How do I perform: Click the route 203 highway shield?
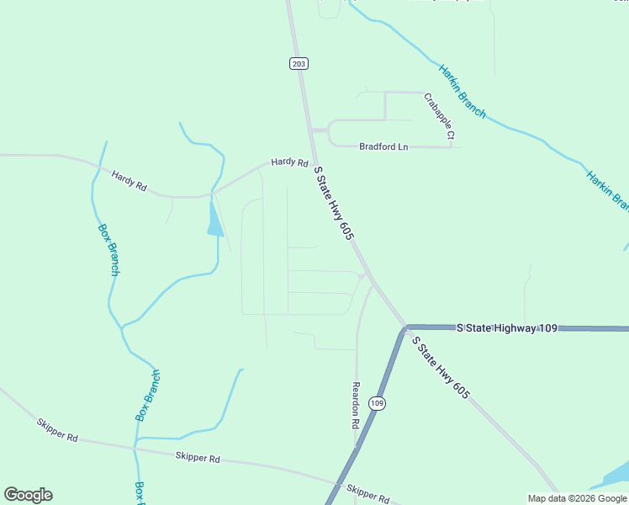[x=299, y=63]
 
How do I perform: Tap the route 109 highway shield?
[x=378, y=403]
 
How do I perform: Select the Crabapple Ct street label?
[x=439, y=116]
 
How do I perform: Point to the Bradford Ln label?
[x=383, y=146]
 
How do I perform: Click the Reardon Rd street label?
[x=356, y=406]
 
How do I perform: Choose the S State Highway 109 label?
[x=507, y=327]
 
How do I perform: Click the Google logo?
[x=28, y=495]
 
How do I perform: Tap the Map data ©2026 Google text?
[x=577, y=498]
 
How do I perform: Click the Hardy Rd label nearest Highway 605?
[x=289, y=162]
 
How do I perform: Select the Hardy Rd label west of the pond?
[x=129, y=180]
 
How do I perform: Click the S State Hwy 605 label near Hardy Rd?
[x=332, y=204]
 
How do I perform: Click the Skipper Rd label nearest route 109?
[x=368, y=494]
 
